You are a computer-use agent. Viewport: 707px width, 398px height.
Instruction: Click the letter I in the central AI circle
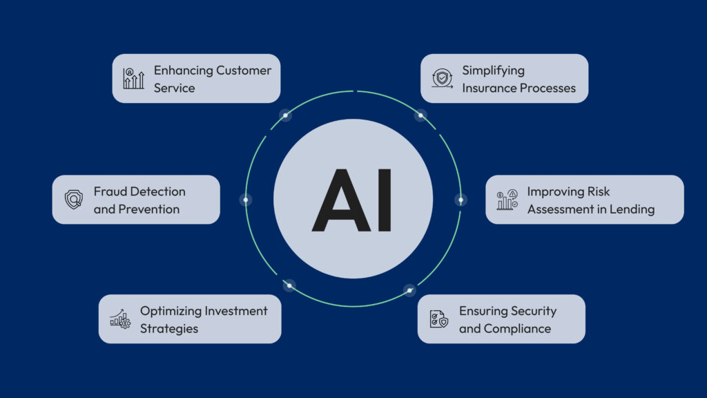coord(383,200)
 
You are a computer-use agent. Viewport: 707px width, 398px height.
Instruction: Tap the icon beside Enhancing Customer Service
coord(134,79)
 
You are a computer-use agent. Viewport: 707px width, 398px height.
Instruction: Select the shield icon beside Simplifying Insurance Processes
coord(442,79)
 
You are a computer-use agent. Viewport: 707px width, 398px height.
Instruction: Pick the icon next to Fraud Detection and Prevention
coord(73,200)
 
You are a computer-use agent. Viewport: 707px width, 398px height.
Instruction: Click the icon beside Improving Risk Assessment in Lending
coord(507,200)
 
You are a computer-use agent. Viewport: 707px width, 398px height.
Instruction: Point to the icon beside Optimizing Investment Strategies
coord(120,319)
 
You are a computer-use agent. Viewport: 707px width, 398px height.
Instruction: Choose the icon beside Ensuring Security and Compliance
coord(439,319)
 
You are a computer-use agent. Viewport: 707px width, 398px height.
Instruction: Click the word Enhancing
coord(183,70)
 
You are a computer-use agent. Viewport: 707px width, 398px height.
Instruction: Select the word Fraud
coord(110,191)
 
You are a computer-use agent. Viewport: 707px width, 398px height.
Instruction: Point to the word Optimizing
coord(171,311)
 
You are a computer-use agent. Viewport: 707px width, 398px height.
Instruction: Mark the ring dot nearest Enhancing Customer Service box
coord(285,115)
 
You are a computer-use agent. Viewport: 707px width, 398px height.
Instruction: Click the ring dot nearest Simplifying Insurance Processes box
coord(420,115)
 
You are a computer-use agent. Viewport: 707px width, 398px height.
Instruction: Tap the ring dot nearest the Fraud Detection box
coord(246,200)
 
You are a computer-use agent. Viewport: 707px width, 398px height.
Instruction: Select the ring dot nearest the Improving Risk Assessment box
coord(461,200)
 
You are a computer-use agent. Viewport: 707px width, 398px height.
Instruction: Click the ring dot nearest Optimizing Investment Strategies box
coord(289,285)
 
